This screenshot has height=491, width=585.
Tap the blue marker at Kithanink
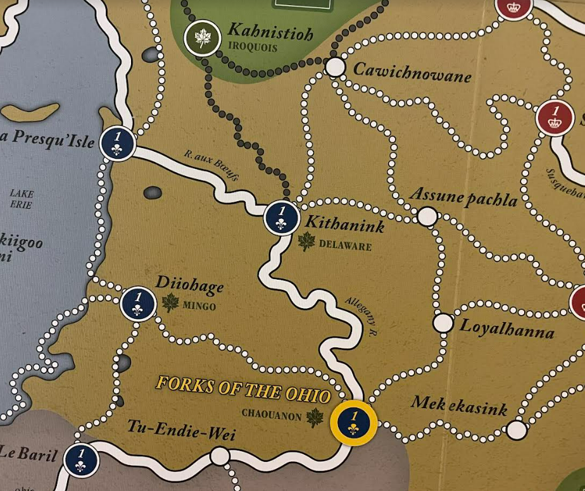point(281,216)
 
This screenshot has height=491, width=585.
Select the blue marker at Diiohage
point(138,304)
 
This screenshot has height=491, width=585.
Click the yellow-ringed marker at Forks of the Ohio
point(353,422)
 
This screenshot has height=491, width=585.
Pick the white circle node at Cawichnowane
point(335,66)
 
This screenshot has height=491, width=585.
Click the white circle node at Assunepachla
point(427,216)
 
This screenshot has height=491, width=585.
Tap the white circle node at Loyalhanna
point(443,323)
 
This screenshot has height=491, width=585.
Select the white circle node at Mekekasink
point(517,430)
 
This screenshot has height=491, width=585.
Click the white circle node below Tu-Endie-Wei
point(220,456)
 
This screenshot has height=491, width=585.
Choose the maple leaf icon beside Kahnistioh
point(202,39)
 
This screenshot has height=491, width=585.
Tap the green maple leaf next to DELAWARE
point(306,242)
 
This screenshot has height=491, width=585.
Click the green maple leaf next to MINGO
point(170,303)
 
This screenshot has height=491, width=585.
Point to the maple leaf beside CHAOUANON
point(315,416)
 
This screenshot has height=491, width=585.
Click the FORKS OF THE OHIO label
point(243,390)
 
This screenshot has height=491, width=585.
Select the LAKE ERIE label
point(22,199)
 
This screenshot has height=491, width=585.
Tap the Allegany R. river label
point(362,315)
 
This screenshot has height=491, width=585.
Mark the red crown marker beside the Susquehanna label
point(555,117)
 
